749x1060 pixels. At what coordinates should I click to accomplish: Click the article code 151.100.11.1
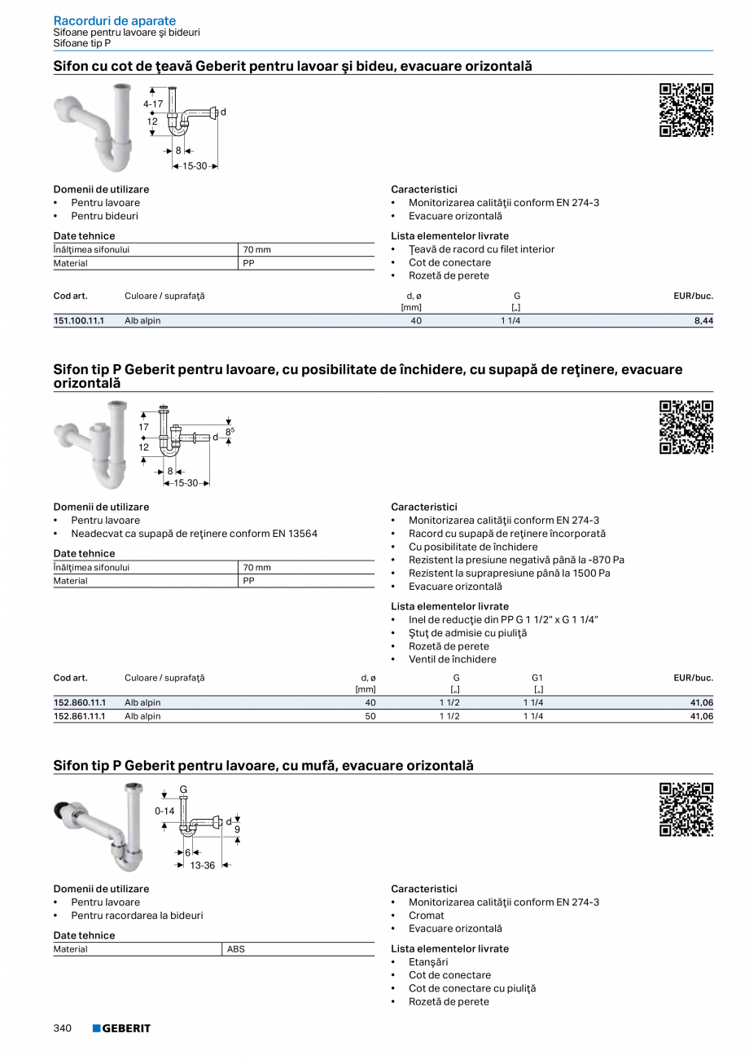tap(79, 321)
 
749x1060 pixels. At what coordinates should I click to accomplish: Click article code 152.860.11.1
tap(79, 702)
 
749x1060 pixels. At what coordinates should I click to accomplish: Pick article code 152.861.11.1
tap(79, 716)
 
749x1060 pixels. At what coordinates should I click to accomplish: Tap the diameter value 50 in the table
tap(370, 716)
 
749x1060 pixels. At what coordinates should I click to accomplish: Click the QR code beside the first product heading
tap(685, 110)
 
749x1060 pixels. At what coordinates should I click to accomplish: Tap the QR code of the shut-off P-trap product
tap(685, 427)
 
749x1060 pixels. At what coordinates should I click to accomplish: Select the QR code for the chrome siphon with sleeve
tap(685, 809)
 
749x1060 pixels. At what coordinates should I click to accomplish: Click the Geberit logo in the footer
tap(121, 1028)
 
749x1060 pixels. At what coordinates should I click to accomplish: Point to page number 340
tap(63, 1028)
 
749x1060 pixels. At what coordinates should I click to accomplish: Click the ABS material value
tap(236, 949)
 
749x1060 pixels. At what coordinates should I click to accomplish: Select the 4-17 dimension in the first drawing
tap(153, 104)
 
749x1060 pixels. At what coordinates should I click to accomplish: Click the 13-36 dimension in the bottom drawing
tap(203, 865)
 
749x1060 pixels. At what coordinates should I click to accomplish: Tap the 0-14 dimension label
tap(164, 811)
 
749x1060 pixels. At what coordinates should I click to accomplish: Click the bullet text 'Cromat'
tap(427, 915)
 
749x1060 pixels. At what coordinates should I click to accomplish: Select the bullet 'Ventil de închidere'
tap(452, 659)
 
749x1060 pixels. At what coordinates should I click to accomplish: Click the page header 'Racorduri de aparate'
tap(114, 20)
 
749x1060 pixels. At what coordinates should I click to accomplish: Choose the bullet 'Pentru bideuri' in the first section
tap(104, 216)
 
